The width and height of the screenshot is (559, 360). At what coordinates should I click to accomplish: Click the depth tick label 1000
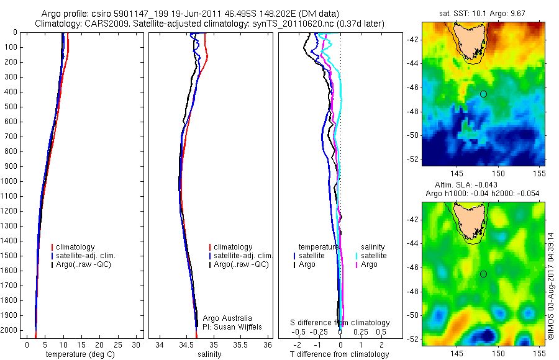pyautogui.click(x=11, y=181)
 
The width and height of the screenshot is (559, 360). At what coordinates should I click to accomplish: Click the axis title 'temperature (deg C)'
pyautogui.click(x=79, y=354)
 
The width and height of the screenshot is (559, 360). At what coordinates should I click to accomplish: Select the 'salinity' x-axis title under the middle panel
pyautogui.click(x=209, y=354)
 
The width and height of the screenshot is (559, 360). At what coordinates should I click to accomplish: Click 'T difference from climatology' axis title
pyautogui.click(x=339, y=354)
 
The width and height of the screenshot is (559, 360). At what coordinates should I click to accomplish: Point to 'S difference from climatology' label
pyautogui.click(x=340, y=323)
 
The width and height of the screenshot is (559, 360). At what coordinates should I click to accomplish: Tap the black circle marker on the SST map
pyautogui.click(x=483, y=94)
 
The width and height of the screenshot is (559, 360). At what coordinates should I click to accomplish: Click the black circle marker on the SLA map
pyautogui.click(x=483, y=274)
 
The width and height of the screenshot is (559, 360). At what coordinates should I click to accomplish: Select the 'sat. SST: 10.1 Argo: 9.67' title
pyautogui.click(x=483, y=13)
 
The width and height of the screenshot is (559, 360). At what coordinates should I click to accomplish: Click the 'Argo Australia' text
pyautogui.click(x=227, y=318)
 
